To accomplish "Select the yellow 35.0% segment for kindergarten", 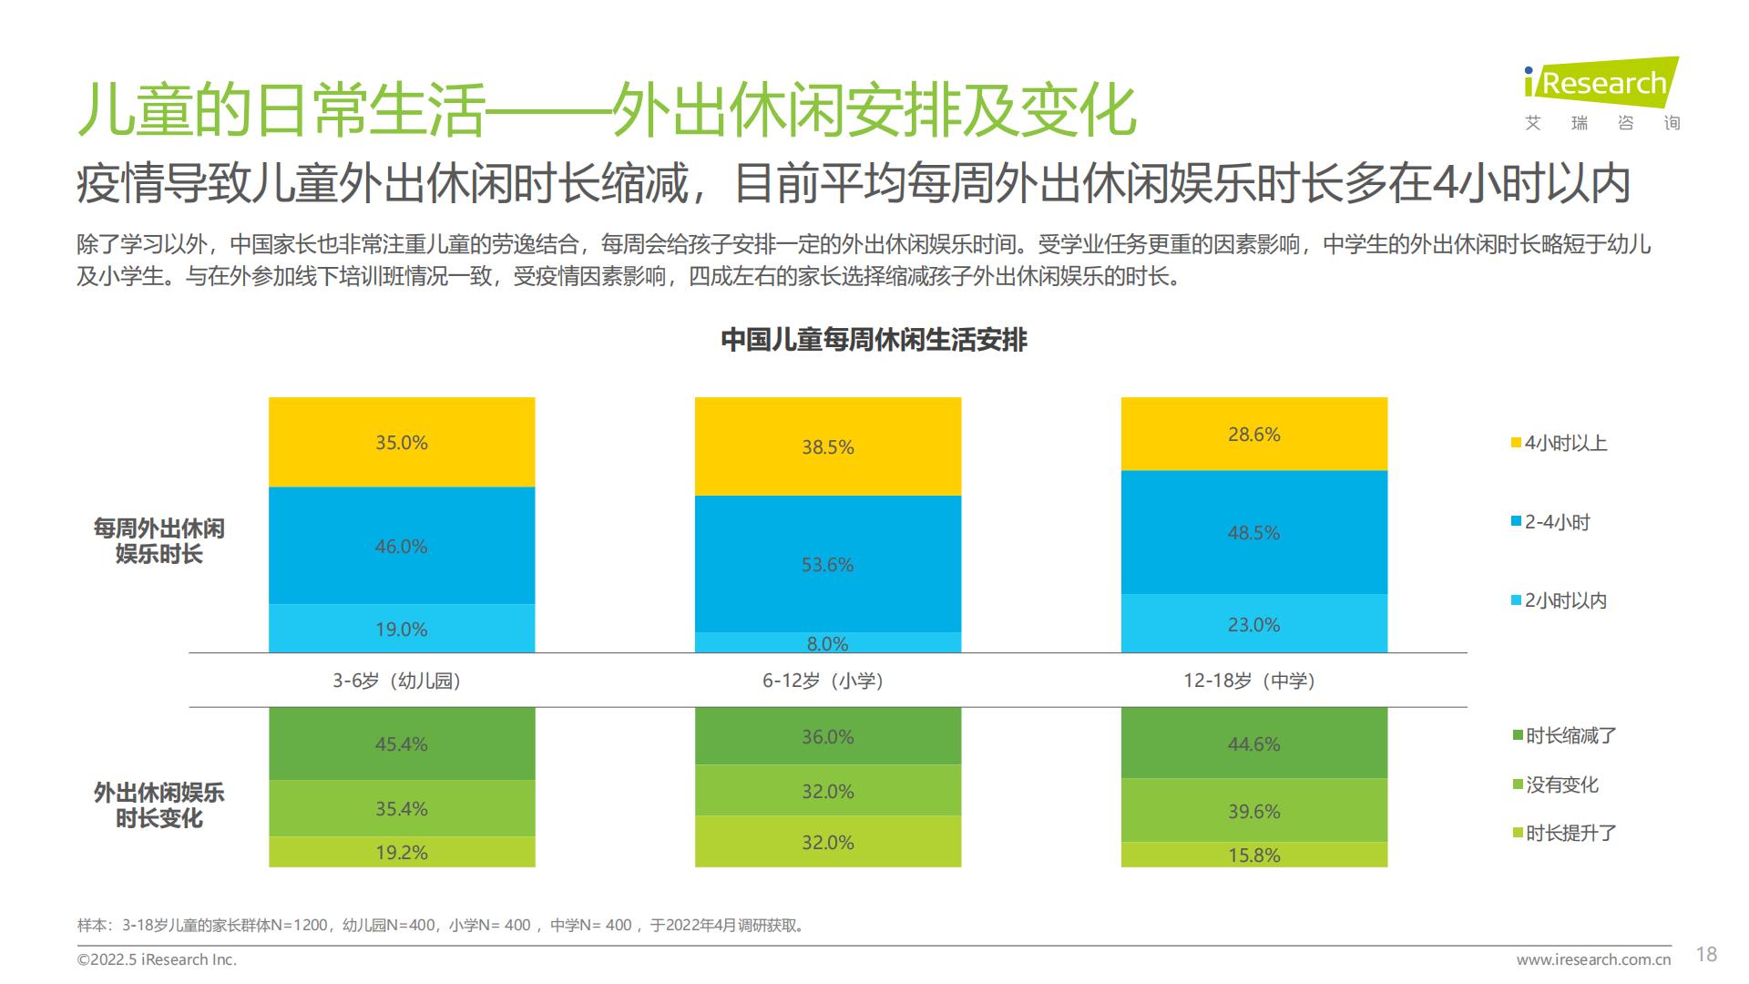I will coord(402,443).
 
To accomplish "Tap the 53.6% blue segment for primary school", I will coord(828,564).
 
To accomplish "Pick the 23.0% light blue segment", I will coord(1253,624).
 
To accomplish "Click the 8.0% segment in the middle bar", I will coord(828,642).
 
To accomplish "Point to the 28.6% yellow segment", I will coord(1253,435).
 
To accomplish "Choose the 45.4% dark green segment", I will coord(402,743).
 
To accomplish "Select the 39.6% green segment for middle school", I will coord(1253,810).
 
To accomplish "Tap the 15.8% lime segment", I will coord(1253,855).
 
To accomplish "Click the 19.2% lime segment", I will coord(402,852).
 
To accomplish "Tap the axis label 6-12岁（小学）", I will coord(823,681).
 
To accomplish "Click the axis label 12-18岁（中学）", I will coord(1249,681).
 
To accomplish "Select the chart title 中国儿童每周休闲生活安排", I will coord(874,340).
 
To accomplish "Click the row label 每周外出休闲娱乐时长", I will coord(159,541).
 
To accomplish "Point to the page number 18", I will coord(1706,954).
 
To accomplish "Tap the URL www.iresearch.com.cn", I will coord(1593,959).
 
